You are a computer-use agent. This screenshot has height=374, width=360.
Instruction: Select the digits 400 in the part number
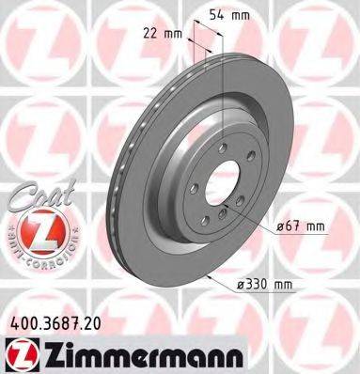[19, 321]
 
